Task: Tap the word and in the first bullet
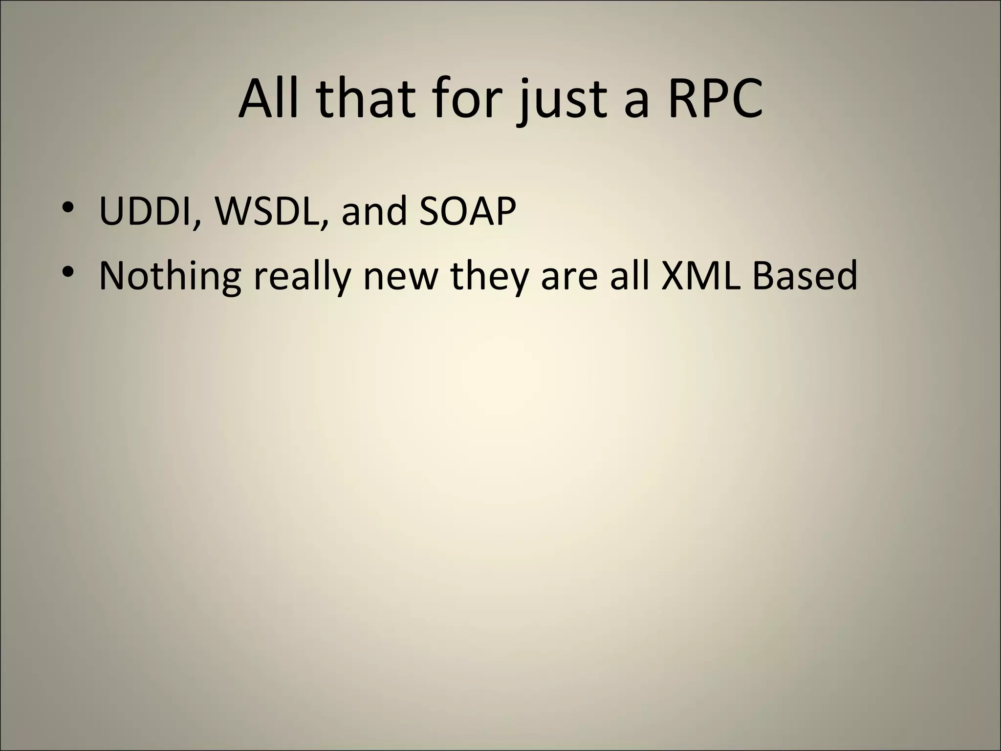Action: [374, 211]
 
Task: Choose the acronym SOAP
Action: [467, 211]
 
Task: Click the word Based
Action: [804, 275]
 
